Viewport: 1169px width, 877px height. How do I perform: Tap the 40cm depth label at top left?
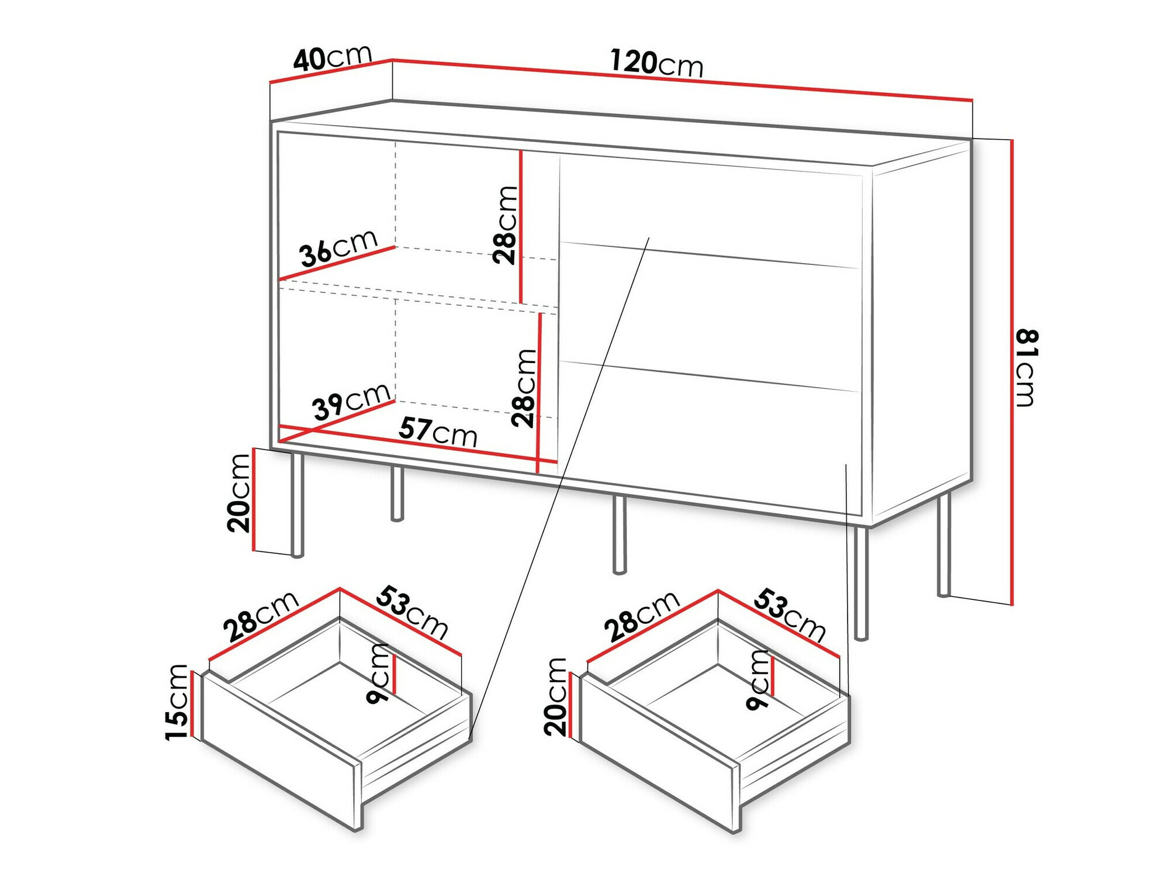332,58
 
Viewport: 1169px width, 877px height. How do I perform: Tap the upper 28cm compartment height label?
505,225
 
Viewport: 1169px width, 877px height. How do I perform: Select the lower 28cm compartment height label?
523,388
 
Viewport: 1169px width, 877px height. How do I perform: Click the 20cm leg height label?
240,493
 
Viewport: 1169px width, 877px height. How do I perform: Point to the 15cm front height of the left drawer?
177,702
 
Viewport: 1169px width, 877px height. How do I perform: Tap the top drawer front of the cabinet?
710,208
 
